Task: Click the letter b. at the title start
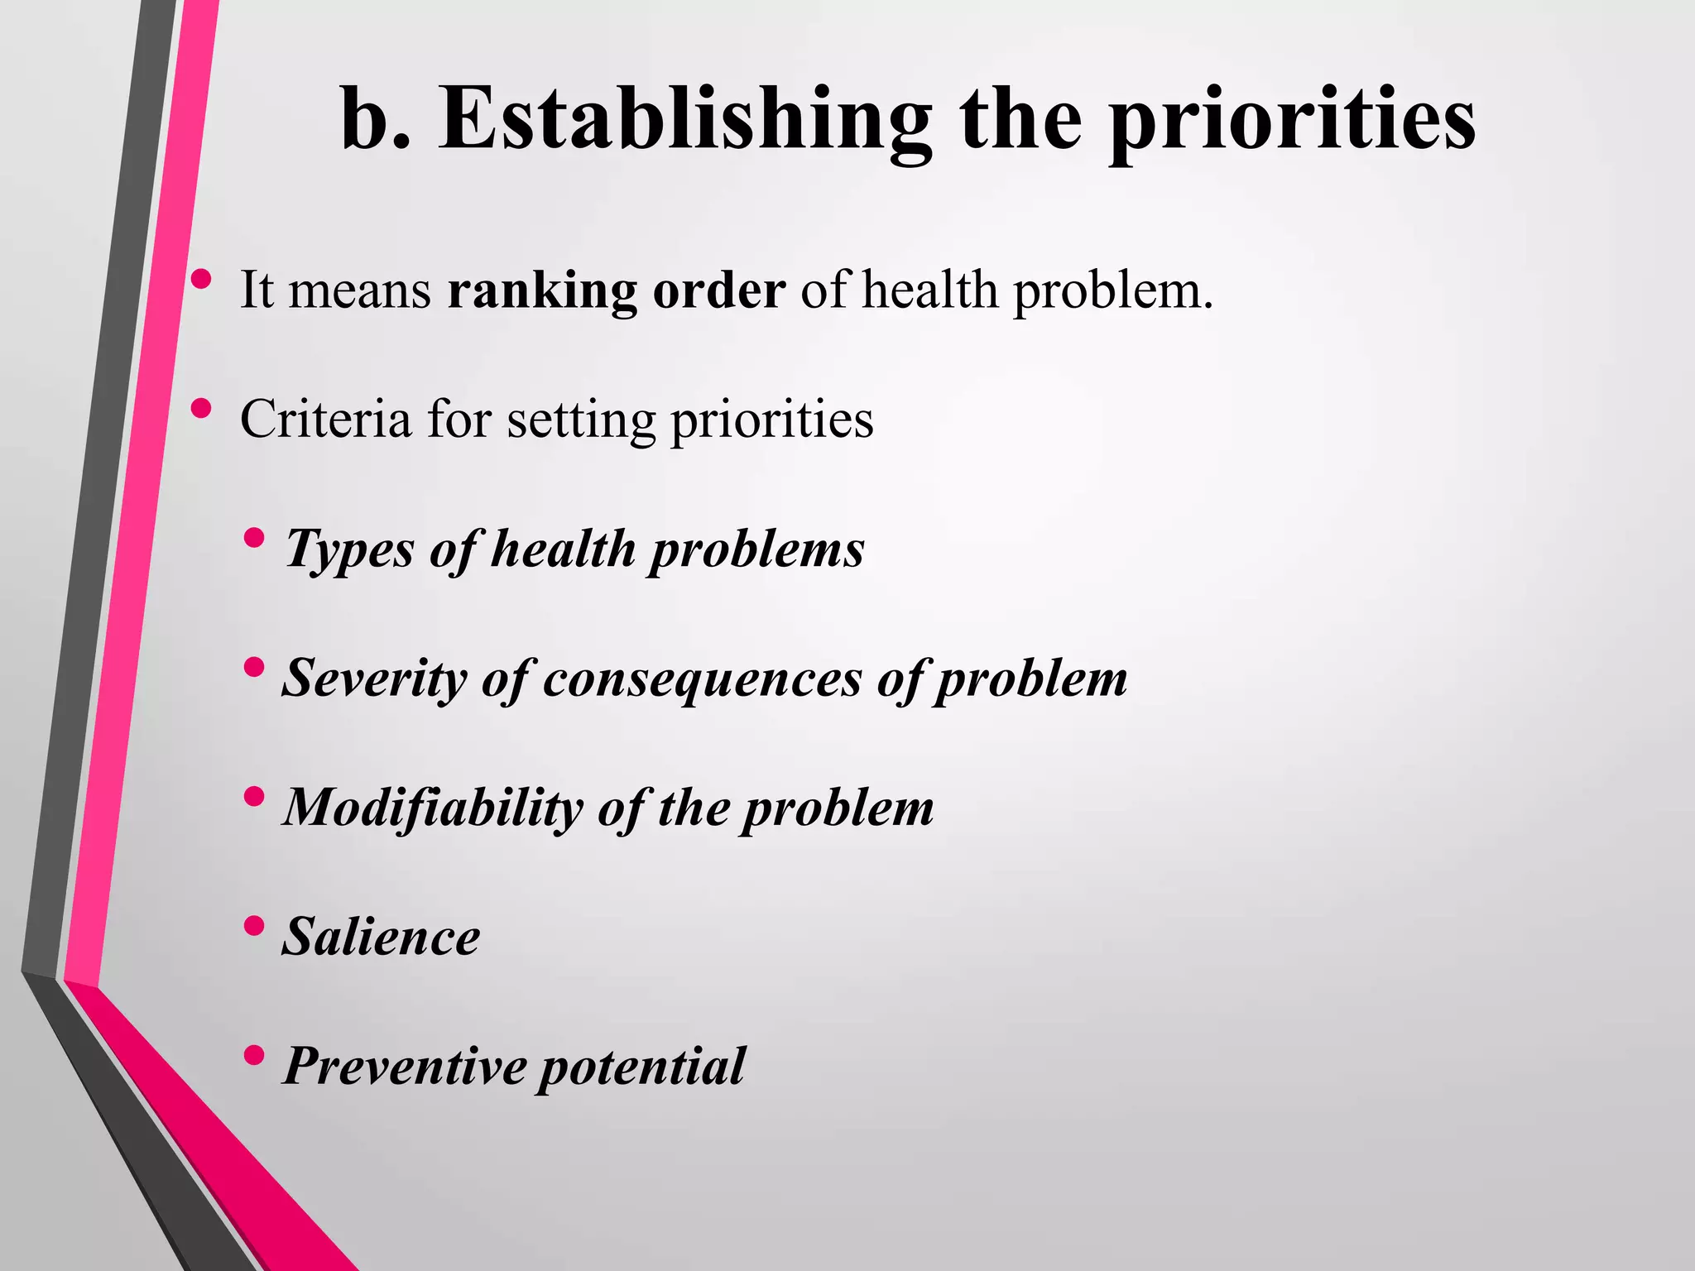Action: [x=374, y=120]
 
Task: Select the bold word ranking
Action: [x=542, y=291]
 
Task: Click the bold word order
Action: [x=718, y=291]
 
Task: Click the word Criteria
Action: [x=325, y=419]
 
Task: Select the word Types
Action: [x=348, y=549]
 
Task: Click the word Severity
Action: [x=374, y=679]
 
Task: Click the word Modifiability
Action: [x=432, y=808]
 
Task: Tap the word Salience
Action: [x=381, y=937]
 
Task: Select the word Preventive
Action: [x=405, y=1066]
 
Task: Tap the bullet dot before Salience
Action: [x=255, y=924]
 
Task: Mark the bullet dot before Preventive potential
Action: [x=255, y=1054]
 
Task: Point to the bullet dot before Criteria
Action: [x=200, y=408]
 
